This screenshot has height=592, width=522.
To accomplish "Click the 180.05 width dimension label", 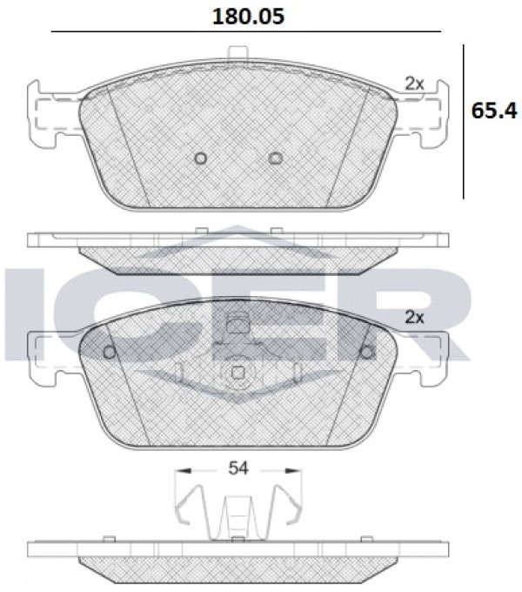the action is click(248, 17).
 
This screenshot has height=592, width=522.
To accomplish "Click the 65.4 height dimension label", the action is click(493, 111).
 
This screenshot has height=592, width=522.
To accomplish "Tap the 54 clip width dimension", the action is click(238, 468).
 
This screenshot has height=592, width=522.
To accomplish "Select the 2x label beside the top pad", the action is click(414, 84).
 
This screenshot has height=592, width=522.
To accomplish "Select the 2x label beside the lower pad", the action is click(414, 317).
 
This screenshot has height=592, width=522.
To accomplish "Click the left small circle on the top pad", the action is click(200, 158).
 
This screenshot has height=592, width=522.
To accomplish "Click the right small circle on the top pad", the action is click(276, 158).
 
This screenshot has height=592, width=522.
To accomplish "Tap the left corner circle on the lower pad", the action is click(110, 353).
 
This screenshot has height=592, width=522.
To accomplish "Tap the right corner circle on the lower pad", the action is click(367, 353).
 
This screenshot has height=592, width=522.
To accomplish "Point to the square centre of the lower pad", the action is click(238, 373).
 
